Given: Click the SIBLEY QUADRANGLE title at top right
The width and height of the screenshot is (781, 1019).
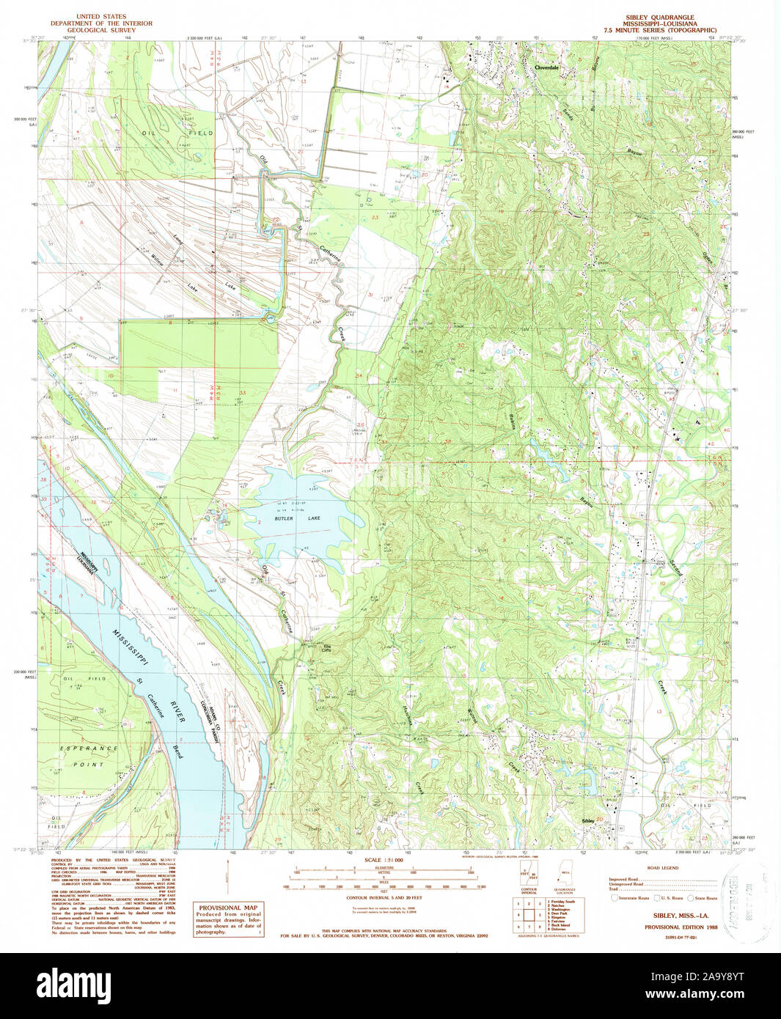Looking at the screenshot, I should [x=659, y=17].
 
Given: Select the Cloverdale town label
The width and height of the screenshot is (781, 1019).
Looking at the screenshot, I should [x=547, y=67].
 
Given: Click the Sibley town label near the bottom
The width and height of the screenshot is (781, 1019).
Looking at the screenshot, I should [x=587, y=820].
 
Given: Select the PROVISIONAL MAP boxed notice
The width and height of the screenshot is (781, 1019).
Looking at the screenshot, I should [x=227, y=919].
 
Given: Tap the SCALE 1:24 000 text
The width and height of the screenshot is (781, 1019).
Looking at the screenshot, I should [x=383, y=859].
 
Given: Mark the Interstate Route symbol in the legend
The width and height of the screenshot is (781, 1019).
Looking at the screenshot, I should [x=614, y=897].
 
